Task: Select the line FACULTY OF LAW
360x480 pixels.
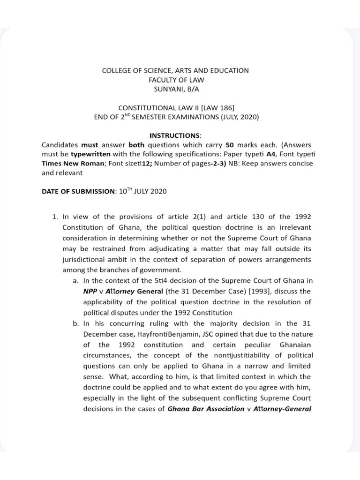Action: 176,80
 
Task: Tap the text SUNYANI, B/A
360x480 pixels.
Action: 176,89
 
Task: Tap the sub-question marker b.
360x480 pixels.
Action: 75,323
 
